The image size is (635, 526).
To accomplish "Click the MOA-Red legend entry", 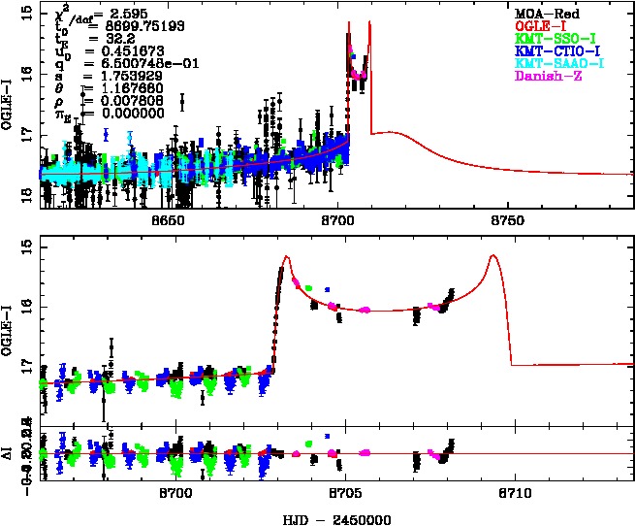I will pyautogui.click(x=544, y=12).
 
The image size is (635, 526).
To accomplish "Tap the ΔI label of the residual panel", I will pyautogui.click(x=10, y=455).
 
